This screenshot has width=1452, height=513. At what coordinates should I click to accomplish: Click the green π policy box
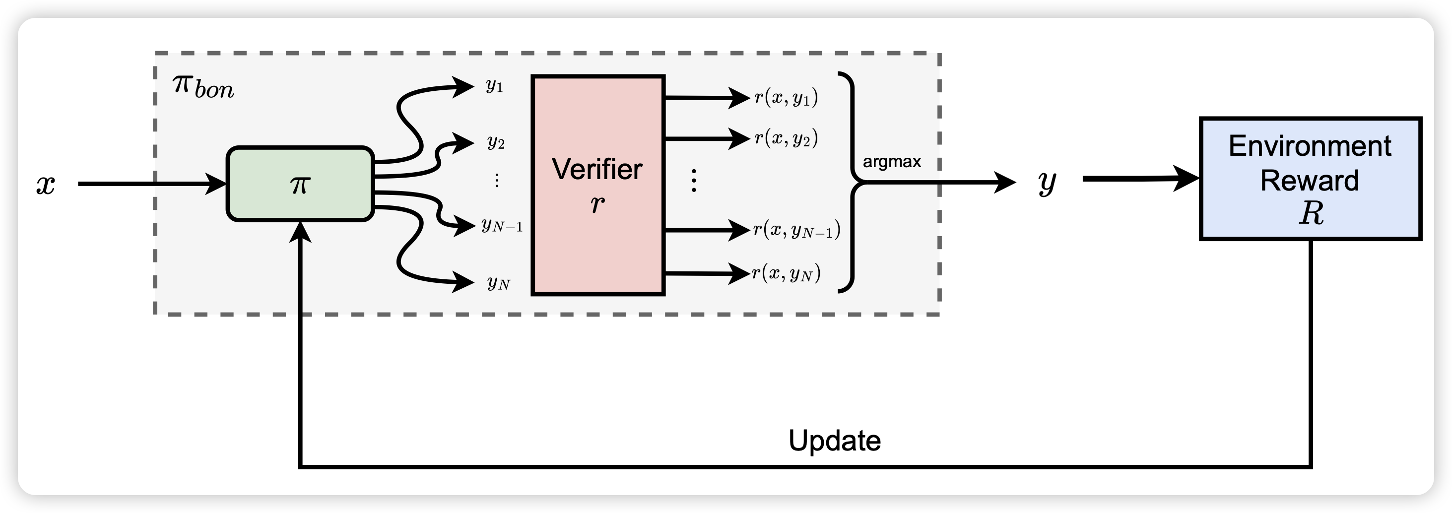300,184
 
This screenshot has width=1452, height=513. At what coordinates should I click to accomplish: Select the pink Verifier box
597,185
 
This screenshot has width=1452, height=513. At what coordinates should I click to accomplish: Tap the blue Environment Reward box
1310,179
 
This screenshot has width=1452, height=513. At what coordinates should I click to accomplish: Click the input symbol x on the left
46,185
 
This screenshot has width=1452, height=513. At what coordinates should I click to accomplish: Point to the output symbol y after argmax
1047,183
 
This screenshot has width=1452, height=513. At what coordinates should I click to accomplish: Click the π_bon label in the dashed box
203,87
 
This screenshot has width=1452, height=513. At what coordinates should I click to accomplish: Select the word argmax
892,162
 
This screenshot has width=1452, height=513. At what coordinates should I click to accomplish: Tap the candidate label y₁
494,86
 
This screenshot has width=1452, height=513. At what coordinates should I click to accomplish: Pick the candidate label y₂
495,142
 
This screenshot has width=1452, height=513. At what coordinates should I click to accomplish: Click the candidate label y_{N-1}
502,226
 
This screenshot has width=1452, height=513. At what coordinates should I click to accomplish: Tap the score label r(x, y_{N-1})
796,230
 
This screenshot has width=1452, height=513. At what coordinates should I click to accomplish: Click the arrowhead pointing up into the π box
300,231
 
